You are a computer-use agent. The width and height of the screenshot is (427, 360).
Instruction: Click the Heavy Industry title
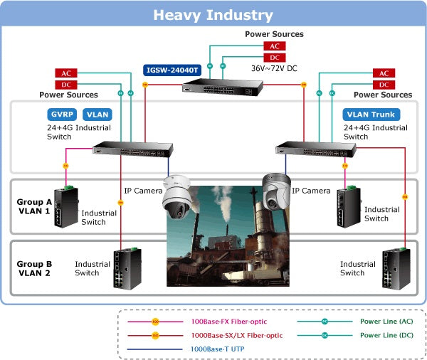pos(213,15)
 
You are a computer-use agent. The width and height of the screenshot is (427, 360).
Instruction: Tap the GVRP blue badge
pos(62,115)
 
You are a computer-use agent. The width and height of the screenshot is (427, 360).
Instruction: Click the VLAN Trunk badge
pos(371,115)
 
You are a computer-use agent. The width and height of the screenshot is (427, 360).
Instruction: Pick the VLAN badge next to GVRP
pos(97,115)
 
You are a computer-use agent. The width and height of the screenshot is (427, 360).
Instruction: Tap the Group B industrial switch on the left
pos(126,268)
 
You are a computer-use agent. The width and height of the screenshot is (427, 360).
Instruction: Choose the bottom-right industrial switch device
pos(396,268)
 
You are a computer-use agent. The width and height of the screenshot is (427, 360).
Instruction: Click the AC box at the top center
pos(274,46)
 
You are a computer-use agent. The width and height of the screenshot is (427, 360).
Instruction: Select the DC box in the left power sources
pos(66,85)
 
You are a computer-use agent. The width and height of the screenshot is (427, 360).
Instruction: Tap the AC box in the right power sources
pos(384,73)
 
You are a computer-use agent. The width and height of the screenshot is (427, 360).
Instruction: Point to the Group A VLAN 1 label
pos(34,206)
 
